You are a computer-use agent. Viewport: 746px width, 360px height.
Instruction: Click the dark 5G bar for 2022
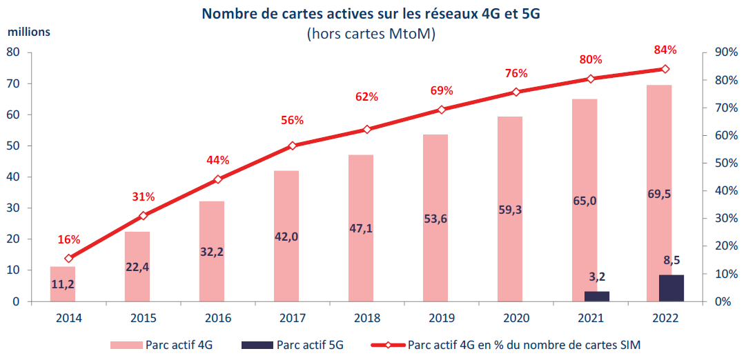pos(671,288)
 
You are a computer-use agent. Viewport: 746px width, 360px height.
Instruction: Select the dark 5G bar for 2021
pos(596,297)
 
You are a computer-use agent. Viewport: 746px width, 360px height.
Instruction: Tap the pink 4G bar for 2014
pos(63,283)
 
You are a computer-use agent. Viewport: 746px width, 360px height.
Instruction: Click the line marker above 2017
pos(292,146)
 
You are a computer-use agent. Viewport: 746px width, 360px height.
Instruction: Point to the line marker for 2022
pos(665,69)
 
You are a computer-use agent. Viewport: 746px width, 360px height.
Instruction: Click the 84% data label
pos(665,50)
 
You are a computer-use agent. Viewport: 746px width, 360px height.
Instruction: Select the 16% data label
pos(69,240)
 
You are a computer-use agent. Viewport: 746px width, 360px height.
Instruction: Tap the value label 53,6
pos(435,219)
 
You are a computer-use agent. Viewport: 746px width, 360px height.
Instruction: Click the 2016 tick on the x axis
pos(218,319)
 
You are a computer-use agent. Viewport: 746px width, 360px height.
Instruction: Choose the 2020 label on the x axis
pos(516,319)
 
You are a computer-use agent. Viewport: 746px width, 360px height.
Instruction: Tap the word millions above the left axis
pos(30,32)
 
